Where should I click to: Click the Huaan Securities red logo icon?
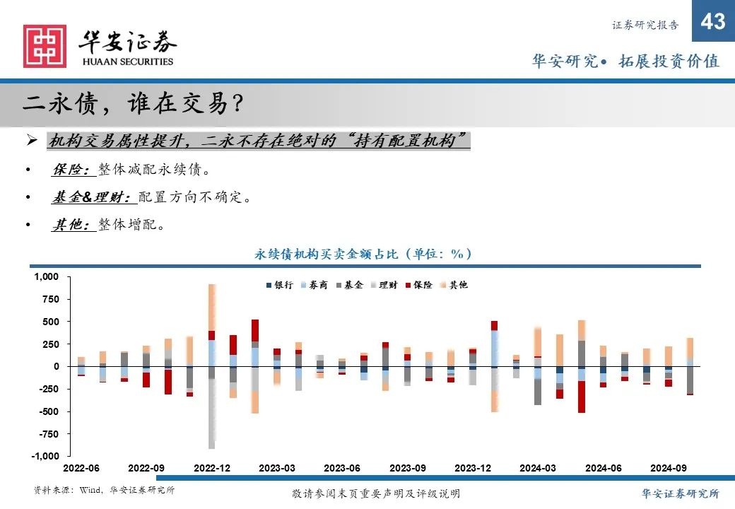45,47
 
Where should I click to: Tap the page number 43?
712,22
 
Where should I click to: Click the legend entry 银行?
279,285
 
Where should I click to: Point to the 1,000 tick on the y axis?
47,276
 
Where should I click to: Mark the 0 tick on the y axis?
57,366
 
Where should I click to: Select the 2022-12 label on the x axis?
211,468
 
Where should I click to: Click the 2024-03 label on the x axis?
537,468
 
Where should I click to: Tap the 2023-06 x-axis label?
342,468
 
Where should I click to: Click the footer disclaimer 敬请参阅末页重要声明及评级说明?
375,493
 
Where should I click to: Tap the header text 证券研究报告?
645,25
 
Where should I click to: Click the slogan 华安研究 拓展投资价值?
625,62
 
